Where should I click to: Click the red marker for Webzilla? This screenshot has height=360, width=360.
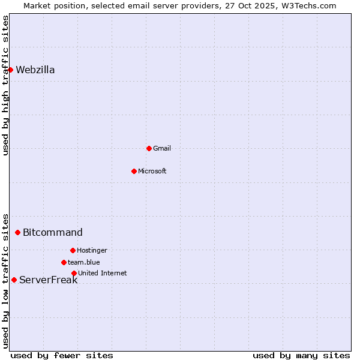tap(10, 70)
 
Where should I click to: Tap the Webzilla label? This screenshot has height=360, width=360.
tap(35, 70)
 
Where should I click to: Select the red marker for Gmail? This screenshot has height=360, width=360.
tap(149, 148)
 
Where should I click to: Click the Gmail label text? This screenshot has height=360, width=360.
tap(162, 148)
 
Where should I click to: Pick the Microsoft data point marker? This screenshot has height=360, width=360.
tap(134, 171)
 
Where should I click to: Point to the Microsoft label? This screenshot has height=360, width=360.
tap(152, 171)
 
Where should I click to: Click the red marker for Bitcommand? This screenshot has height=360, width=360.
tap(17, 232)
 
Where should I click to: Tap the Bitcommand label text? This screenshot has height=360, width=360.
tap(53, 232)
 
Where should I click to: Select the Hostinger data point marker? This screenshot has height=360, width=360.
tap(73, 250)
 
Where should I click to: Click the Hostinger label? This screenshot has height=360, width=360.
tap(92, 250)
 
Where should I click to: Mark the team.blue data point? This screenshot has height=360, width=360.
tap(64, 262)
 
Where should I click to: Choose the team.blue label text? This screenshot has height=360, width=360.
tap(84, 262)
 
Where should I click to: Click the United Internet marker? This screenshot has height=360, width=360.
tap(74, 273)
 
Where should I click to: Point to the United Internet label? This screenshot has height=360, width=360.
tap(103, 273)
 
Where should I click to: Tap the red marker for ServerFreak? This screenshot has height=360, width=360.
tap(14, 280)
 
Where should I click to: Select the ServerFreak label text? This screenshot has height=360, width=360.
tap(49, 280)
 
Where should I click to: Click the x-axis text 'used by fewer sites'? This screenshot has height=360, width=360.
tap(62, 355)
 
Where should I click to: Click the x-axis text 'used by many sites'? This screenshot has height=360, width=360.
tap(301, 355)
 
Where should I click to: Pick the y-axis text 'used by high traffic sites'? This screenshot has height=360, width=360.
tap(5, 85)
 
